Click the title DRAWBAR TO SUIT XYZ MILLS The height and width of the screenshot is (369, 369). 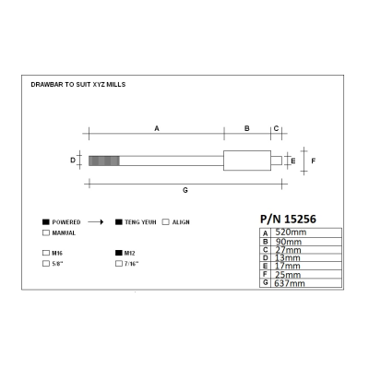[78, 85]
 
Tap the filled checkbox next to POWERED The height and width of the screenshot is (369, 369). [46, 222]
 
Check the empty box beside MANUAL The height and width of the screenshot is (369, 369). [46, 232]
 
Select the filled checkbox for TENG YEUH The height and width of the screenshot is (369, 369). [119, 222]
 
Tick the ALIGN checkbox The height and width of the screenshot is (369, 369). [166, 222]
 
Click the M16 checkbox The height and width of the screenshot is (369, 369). [46, 253]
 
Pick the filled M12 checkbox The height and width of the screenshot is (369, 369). [119, 253]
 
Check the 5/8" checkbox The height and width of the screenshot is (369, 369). [46, 264]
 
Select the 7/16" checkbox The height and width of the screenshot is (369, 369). [119, 264]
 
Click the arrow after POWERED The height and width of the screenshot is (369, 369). [96, 222]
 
